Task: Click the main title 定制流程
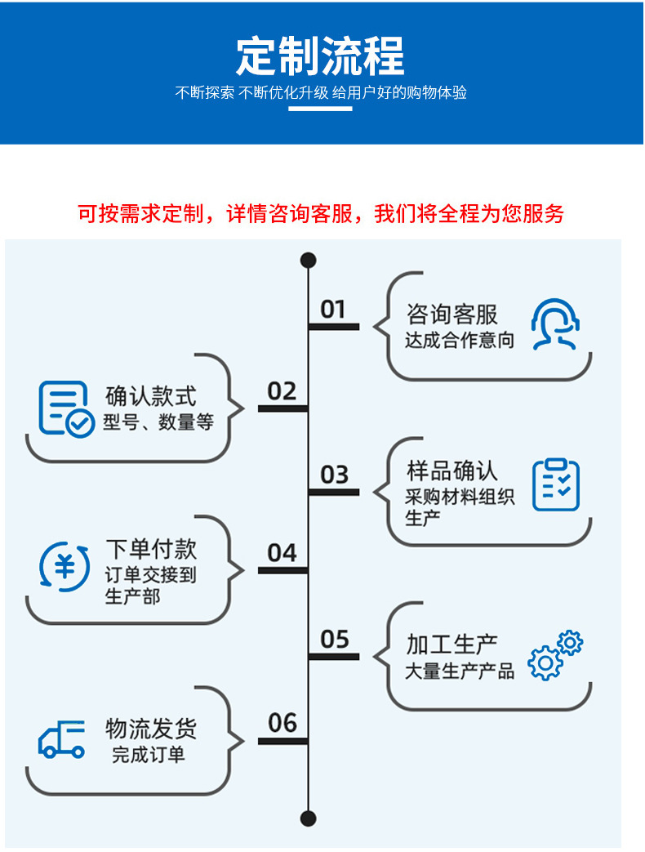point(320,56)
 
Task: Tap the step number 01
point(333,310)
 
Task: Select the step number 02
point(282,391)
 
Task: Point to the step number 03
point(334,475)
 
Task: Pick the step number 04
point(282,553)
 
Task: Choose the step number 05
point(334,640)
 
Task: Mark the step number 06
point(282,723)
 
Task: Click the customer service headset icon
point(555,324)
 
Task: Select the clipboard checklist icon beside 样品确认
point(556,484)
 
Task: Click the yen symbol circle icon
point(64,566)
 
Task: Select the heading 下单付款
point(151,548)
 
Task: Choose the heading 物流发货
point(151,728)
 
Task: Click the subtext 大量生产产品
point(460,671)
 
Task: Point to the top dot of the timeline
point(308,261)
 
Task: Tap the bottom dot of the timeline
point(308,818)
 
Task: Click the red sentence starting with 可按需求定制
point(320,214)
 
